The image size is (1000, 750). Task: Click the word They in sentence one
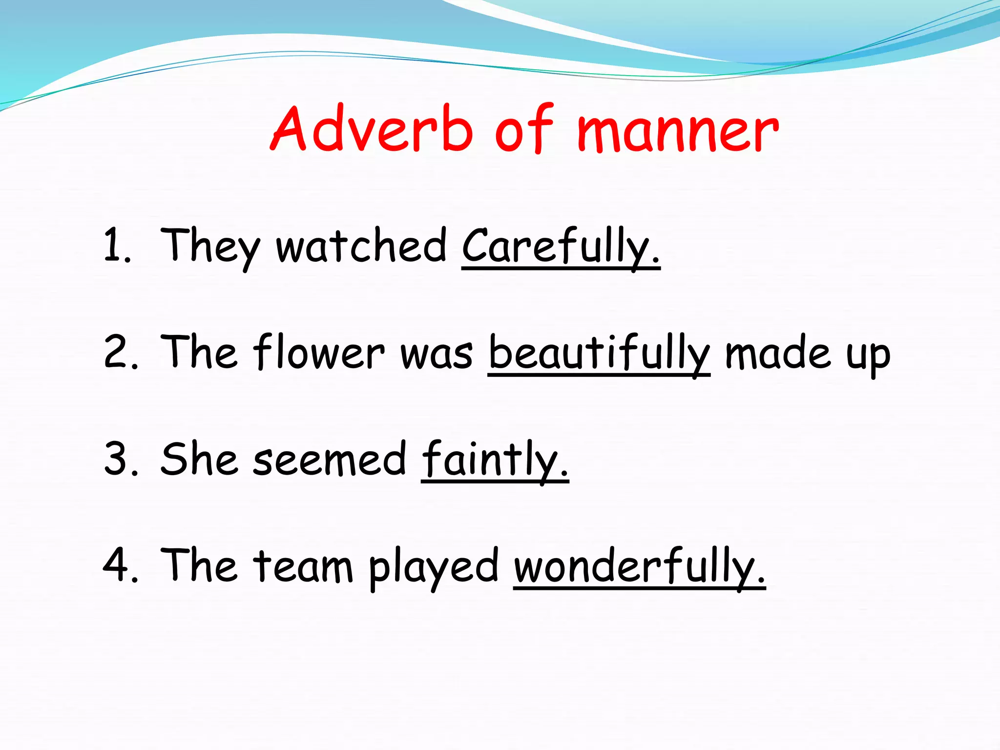pos(210,247)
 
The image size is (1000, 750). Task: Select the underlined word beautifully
pos(599,353)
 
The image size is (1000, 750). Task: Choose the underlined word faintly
pos(494,459)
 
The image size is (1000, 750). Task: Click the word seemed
pos(329,459)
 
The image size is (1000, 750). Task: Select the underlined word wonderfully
pos(639,566)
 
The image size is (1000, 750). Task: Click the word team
pos(303,566)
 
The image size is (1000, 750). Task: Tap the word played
pos(433,567)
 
